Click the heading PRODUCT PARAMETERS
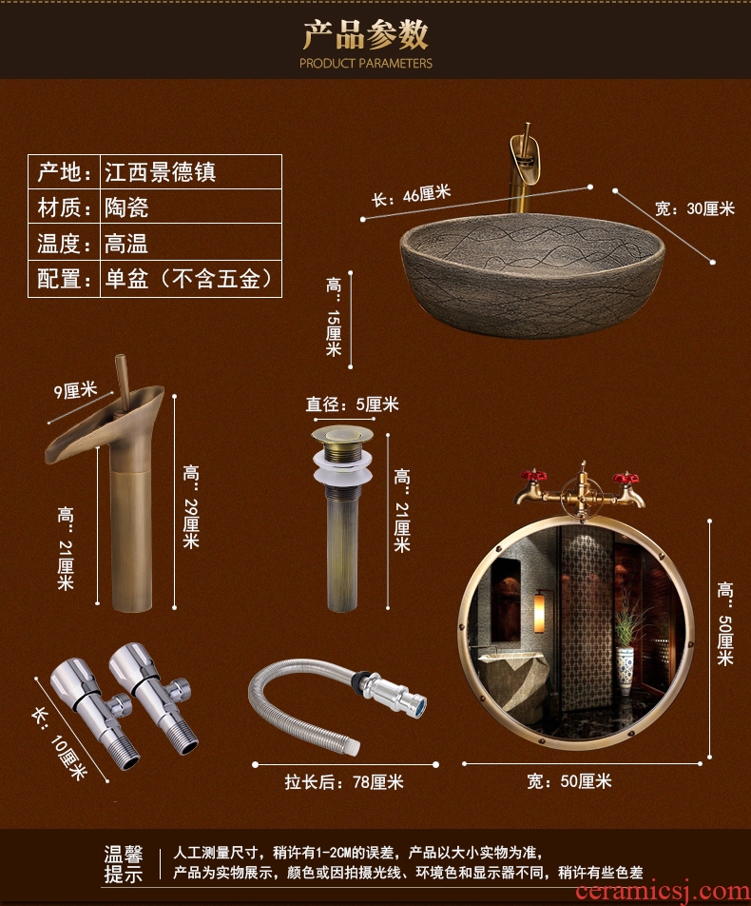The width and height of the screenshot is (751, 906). pyautogui.click(x=365, y=63)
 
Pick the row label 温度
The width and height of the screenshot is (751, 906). pyautogui.click(x=59, y=243)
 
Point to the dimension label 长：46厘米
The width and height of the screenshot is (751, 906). pyautogui.click(x=411, y=195)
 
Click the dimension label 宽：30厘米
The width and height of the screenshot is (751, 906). pyautogui.click(x=694, y=208)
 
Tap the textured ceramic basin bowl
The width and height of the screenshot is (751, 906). pyautogui.click(x=532, y=273)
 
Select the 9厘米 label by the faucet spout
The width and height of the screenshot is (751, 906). pyautogui.click(x=75, y=390)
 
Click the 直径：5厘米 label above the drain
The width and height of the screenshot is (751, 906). pyautogui.click(x=352, y=404)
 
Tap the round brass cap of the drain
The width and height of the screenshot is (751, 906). pyautogui.click(x=342, y=435)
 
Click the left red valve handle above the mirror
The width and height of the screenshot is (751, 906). pyautogui.click(x=533, y=477)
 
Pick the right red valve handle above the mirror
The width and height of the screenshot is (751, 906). pyautogui.click(x=626, y=479)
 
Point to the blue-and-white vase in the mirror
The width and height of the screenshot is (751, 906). pyautogui.click(x=625, y=671)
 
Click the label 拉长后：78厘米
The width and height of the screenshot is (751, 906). pyautogui.click(x=344, y=781)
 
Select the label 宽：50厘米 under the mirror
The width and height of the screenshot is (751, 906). pyautogui.click(x=569, y=781)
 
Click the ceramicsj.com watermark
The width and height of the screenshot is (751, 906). pyautogui.click(x=663, y=892)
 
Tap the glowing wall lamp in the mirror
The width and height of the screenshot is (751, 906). pyautogui.click(x=539, y=611)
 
